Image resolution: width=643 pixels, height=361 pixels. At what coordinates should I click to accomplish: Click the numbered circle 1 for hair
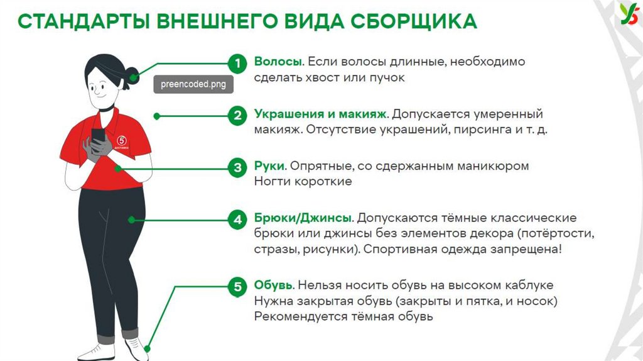pos(237,63)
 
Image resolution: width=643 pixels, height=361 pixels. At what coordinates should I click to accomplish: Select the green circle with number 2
pos(237,116)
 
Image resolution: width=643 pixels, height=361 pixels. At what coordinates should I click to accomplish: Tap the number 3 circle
pos(237,168)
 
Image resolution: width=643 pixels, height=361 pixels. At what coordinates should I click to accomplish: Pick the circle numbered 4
pos(237,220)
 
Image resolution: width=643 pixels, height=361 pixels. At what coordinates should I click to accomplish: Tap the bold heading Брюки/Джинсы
pos(303,218)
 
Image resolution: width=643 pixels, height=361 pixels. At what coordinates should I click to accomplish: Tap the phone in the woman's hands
pos(98,135)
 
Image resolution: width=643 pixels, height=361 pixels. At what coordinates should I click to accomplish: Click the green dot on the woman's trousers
pos(131,219)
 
